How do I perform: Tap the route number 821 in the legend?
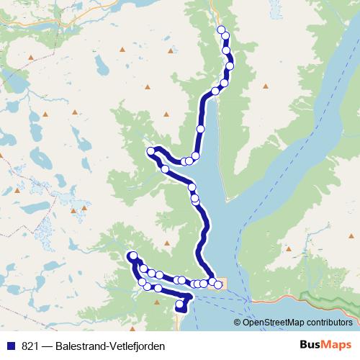[x=30, y=346]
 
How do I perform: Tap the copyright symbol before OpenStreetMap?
[x=238, y=322]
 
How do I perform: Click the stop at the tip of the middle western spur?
[x=151, y=151]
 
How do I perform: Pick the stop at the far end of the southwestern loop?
[x=133, y=256]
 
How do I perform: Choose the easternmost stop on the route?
[x=218, y=284]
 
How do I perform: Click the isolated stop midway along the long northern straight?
[x=200, y=128]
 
